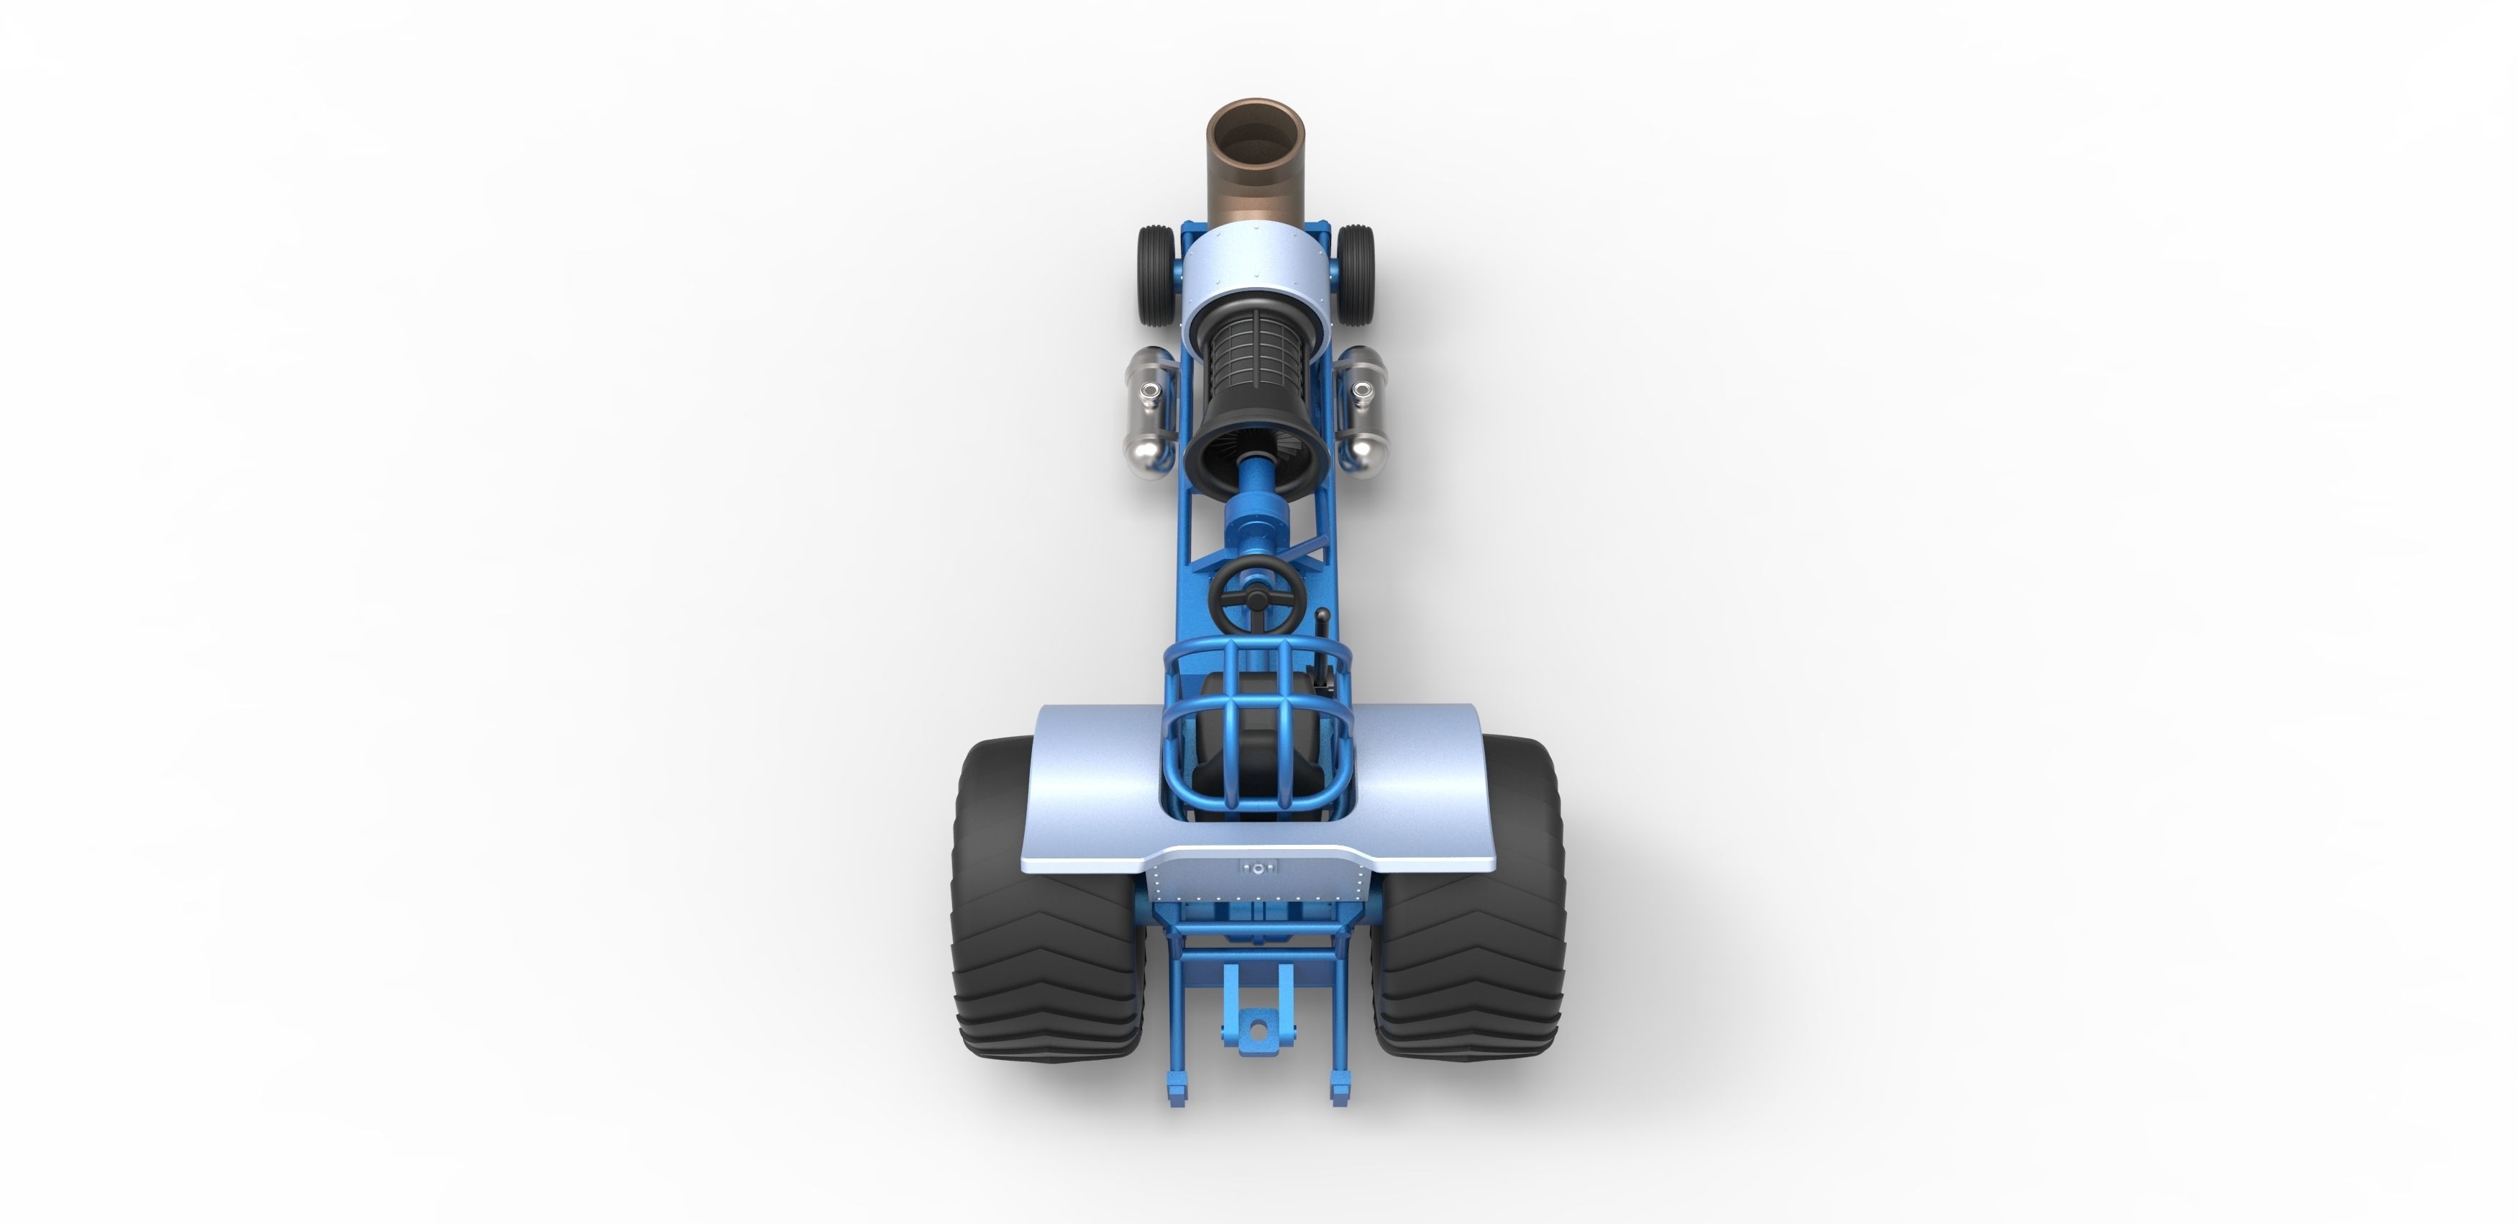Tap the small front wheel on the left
[x=1155, y=275]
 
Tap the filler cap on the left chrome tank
[x=1149, y=394]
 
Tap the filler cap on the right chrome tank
[x=1360, y=394]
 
